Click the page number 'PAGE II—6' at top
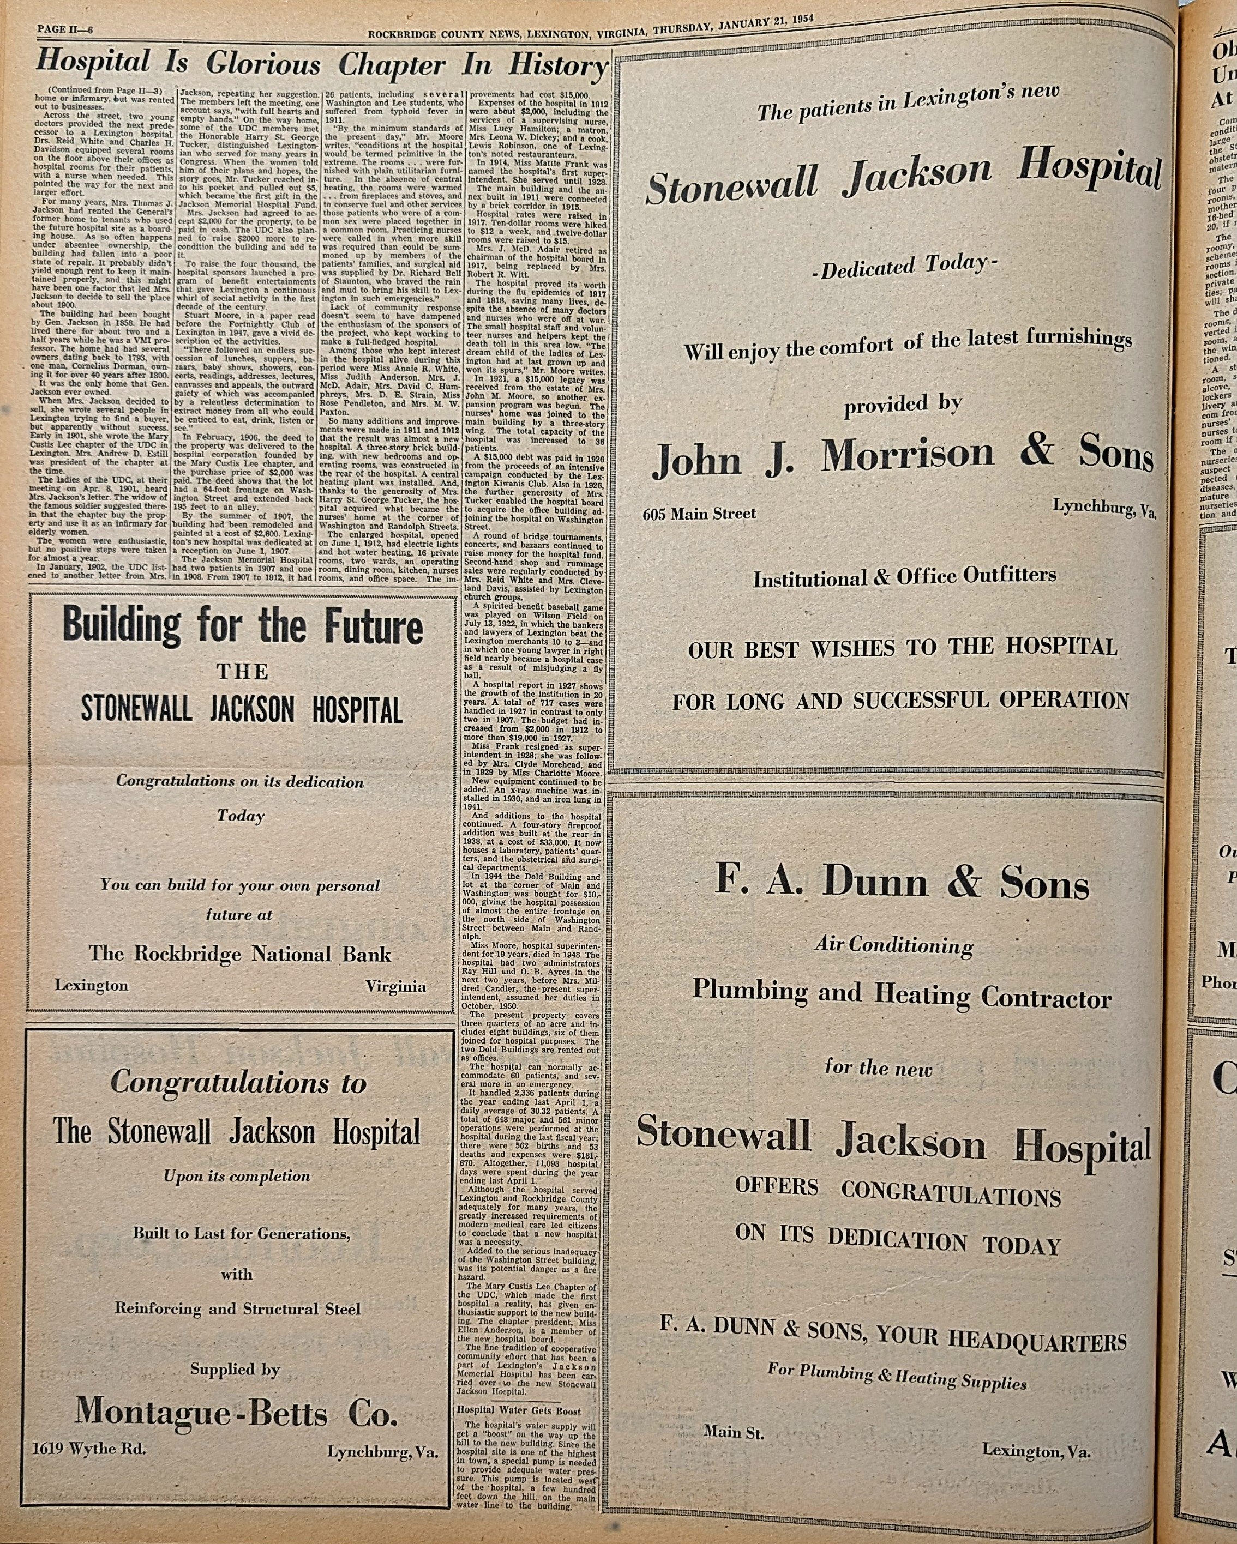click(x=64, y=29)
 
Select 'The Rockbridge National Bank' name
click(x=240, y=954)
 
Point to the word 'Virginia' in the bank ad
click(x=395, y=986)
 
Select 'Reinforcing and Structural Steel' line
click(x=238, y=1308)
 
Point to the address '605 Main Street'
click(x=699, y=514)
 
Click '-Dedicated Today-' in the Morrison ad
click(x=904, y=267)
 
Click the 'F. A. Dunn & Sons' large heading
click(x=902, y=882)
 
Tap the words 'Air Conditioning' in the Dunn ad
click(x=894, y=946)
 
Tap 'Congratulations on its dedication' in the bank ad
click(x=240, y=781)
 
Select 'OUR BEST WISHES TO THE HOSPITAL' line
click(x=903, y=648)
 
